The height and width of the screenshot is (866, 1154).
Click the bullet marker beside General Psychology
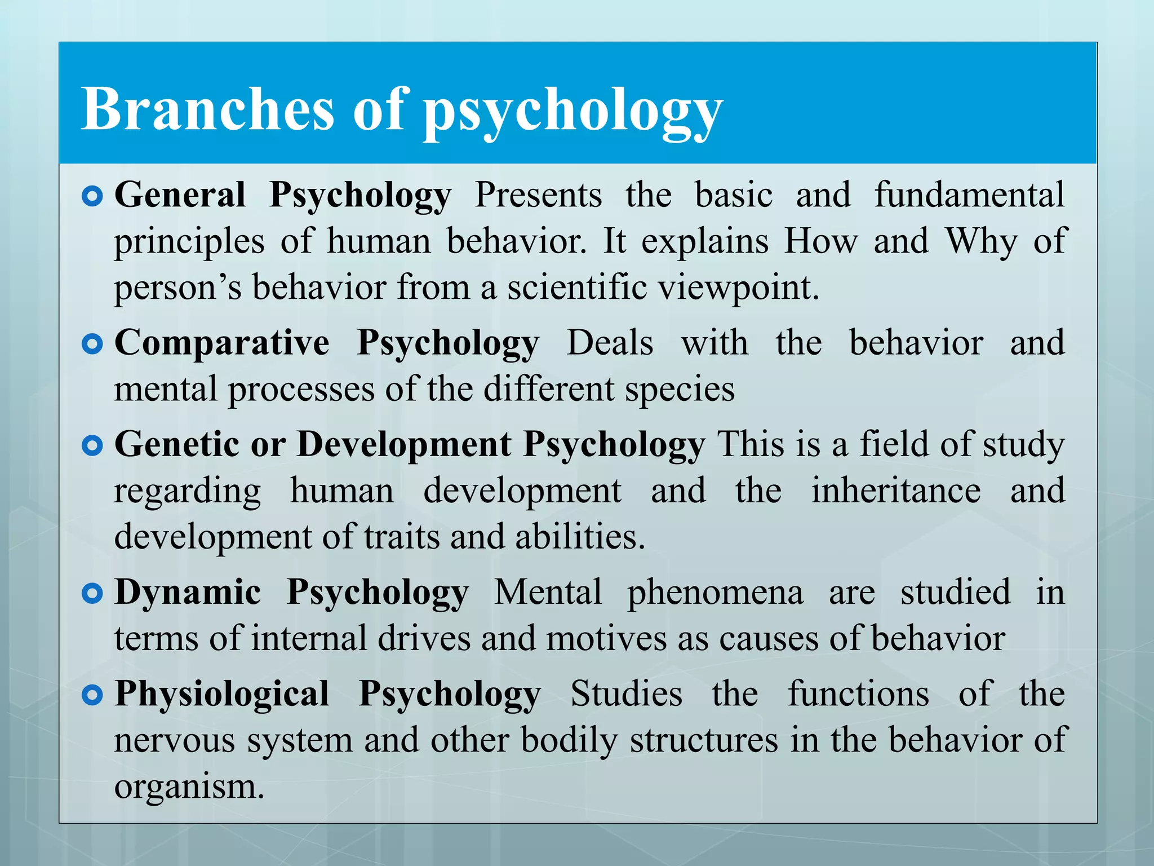(92, 196)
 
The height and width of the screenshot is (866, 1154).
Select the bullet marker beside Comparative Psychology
(92, 344)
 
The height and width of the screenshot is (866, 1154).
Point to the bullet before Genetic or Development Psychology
(92, 446)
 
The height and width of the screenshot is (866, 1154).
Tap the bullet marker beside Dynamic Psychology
(92, 593)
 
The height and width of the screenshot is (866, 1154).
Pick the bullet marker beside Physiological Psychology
(92, 695)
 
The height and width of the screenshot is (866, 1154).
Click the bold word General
(180, 195)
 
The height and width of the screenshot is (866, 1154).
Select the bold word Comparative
(222, 343)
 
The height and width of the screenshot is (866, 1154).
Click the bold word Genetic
(176, 445)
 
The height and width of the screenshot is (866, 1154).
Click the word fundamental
(969, 195)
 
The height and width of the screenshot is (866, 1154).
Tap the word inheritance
(895, 491)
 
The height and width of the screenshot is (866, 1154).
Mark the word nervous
(175, 741)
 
